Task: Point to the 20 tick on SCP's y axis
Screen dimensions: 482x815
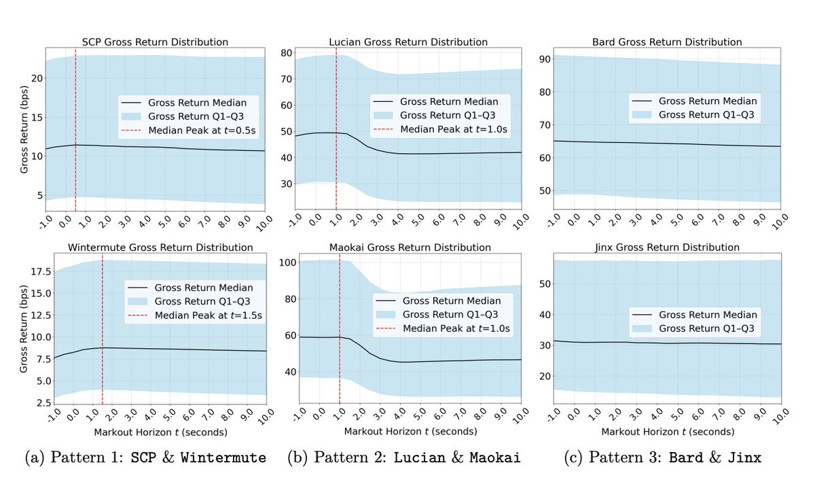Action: point(39,78)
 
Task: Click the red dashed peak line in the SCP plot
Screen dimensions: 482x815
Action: point(75,122)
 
